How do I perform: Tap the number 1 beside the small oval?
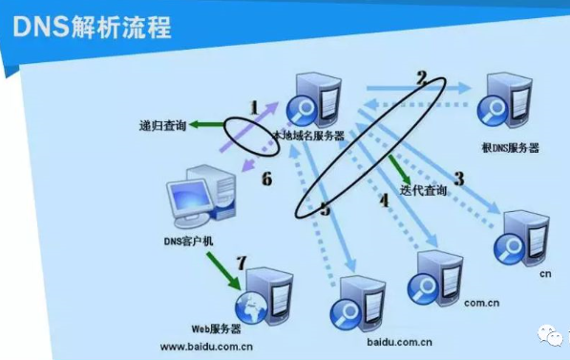254,108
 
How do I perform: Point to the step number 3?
458,178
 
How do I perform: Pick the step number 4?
384,200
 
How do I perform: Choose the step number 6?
266,179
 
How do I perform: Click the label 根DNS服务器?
511,148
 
